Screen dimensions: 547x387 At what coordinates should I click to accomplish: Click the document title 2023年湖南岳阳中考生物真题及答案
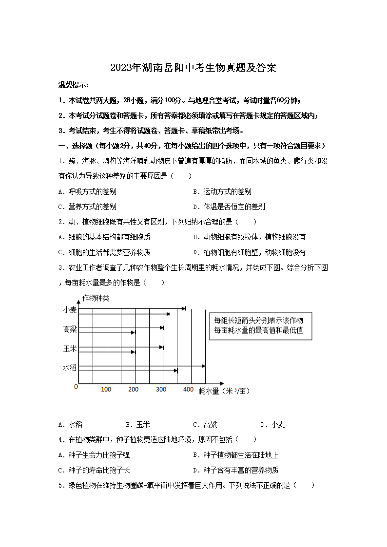point(193,68)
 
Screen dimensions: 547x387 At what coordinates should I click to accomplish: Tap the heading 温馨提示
point(73,85)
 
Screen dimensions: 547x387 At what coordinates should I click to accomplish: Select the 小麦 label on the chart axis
point(70,310)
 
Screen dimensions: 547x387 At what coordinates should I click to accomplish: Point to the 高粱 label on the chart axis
point(70,330)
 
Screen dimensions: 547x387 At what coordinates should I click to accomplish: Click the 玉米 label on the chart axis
point(70,349)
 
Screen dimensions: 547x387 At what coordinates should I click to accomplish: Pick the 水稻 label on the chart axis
point(70,368)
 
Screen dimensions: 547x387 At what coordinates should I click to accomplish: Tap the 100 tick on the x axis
point(106,389)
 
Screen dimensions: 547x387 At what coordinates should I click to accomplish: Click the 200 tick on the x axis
point(134,389)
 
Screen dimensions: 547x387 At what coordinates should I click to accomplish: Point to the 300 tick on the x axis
point(161,389)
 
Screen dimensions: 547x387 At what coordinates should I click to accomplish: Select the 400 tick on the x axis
point(188,389)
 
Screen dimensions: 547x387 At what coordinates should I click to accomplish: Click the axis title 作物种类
point(96,298)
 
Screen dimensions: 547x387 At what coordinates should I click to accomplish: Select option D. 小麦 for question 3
point(272,424)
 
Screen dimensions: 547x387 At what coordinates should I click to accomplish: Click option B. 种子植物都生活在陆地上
point(236,455)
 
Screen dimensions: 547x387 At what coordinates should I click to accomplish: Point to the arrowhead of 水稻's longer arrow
point(204,365)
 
